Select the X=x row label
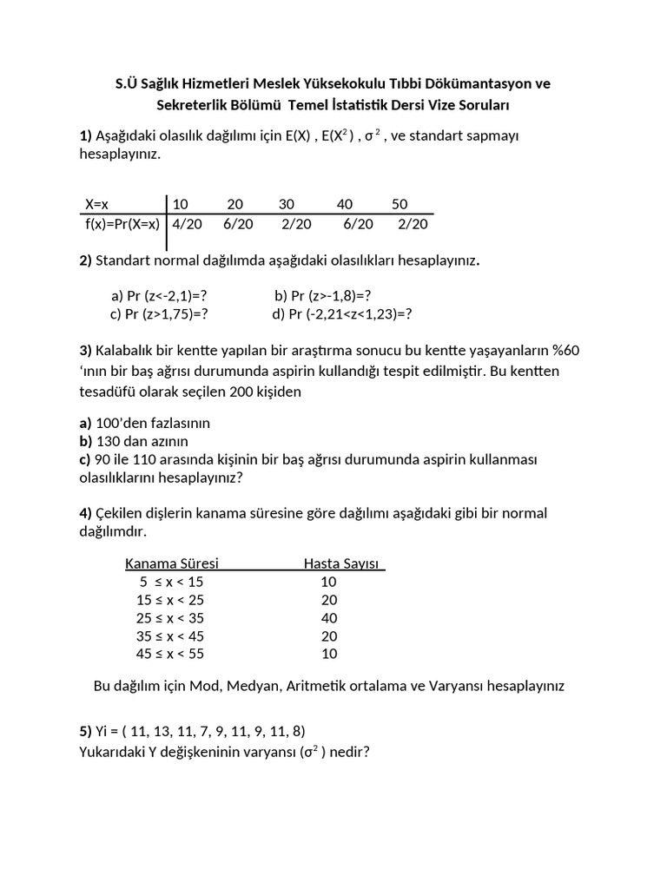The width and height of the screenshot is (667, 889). pyautogui.click(x=96, y=204)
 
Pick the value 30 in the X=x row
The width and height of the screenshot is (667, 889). pyautogui.click(x=287, y=204)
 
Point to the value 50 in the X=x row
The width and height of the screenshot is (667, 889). pyautogui.click(x=400, y=204)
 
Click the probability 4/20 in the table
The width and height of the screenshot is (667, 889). pyautogui.click(x=188, y=223)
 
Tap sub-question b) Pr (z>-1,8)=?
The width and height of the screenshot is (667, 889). pyautogui.click(x=323, y=295)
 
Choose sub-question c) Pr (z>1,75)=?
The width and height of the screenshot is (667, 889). pyautogui.click(x=159, y=313)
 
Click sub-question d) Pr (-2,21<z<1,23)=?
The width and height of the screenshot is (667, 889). pyautogui.click(x=341, y=313)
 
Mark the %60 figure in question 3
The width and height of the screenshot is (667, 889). pyautogui.click(x=561, y=350)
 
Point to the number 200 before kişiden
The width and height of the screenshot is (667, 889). pyautogui.click(x=242, y=391)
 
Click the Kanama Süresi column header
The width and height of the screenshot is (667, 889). pyautogui.click(x=172, y=563)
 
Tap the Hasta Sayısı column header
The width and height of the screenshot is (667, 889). pyautogui.click(x=342, y=563)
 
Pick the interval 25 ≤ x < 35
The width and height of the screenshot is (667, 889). pyautogui.click(x=170, y=618)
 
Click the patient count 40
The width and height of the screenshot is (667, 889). pyautogui.click(x=328, y=618)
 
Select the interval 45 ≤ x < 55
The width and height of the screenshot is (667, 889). pyautogui.click(x=170, y=654)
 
